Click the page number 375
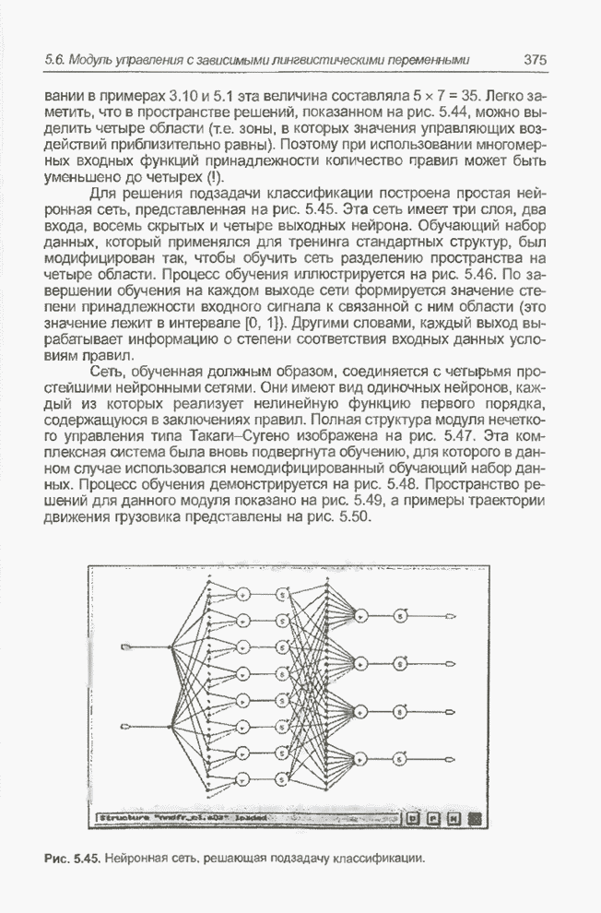pos(536,60)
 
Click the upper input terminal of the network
pos(126,646)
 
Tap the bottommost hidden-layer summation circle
pos(243,781)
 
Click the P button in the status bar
pos(434,816)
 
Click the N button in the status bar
pos(454,816)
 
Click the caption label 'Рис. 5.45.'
pos(72,860)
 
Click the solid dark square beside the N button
pos(474,816)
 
